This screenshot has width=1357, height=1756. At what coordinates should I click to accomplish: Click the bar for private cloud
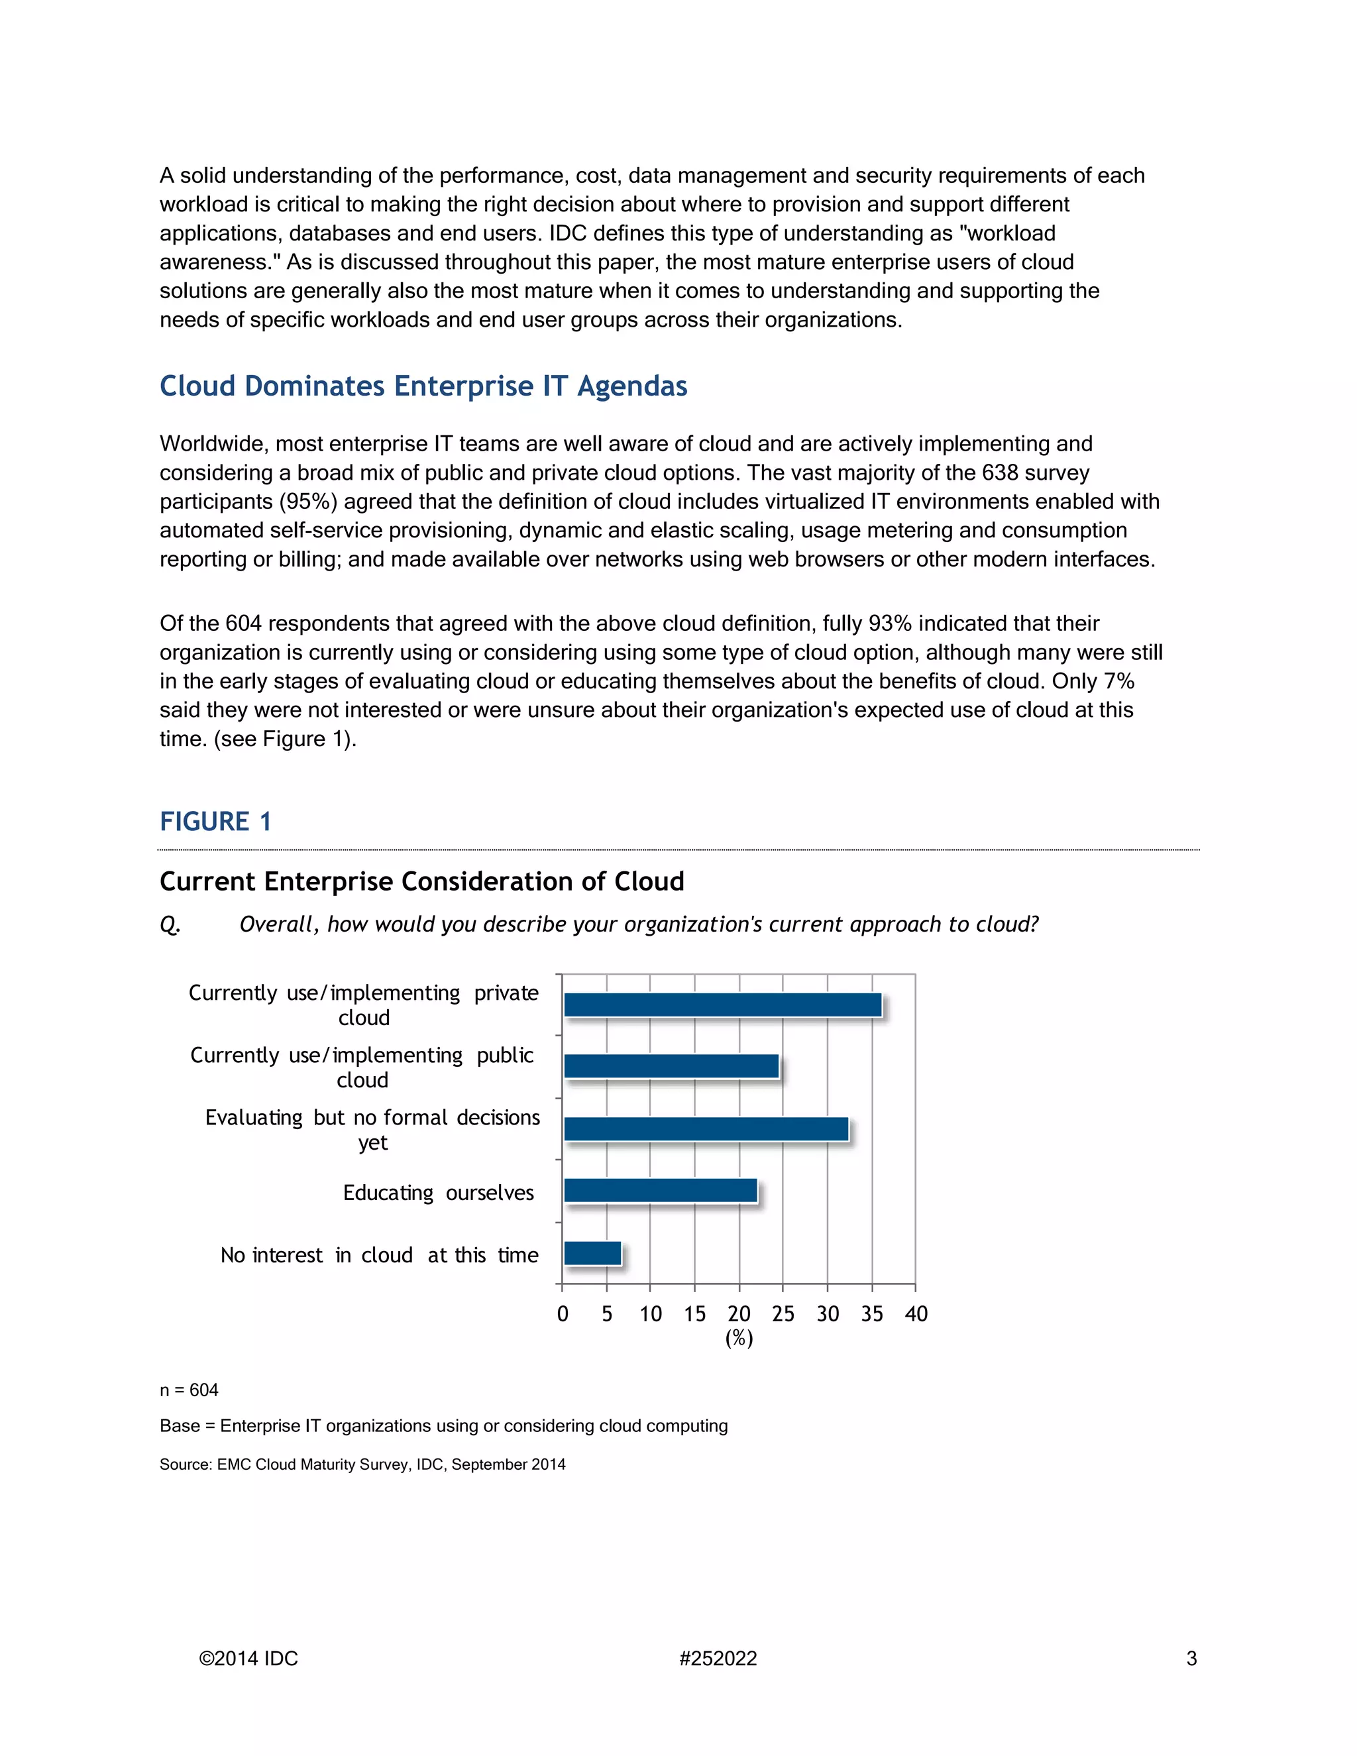click(722, 1005)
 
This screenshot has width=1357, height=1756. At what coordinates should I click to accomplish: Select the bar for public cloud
click(671, 1066)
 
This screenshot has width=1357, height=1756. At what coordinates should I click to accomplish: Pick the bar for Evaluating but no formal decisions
click(706, 1129)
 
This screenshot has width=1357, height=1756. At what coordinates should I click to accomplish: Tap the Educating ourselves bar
click(660, 1191)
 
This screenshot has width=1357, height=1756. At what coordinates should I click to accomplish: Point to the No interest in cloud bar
click(592, 1254)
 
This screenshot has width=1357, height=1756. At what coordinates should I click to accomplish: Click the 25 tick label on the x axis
click(783, 1314)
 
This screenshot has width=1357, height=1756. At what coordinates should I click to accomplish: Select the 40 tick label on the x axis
click(916, 1314)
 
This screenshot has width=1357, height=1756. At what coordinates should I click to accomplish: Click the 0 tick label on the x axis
click(563, 1314)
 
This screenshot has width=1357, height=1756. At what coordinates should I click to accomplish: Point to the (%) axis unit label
click(739, 1338)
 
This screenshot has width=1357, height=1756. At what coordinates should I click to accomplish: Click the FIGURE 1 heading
click(215, 822)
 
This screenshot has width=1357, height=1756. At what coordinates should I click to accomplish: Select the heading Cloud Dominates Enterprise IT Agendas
click(423, 386)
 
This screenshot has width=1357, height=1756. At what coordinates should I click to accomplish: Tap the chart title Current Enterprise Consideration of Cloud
click(421, 881)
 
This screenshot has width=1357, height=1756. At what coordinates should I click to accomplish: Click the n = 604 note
click(189, 1390)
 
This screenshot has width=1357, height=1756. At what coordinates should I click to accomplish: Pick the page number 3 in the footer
click(1191, 1659)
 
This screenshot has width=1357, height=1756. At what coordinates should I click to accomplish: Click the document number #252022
click(718, 1659)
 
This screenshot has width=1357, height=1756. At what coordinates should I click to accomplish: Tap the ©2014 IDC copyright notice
click(248, 1659)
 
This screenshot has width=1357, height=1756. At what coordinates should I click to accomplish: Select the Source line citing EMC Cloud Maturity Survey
click(362, 1464)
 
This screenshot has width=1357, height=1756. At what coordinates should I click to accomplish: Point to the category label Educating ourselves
click(438, 1192)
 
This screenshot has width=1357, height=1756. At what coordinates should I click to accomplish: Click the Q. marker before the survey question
click(170, 924)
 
